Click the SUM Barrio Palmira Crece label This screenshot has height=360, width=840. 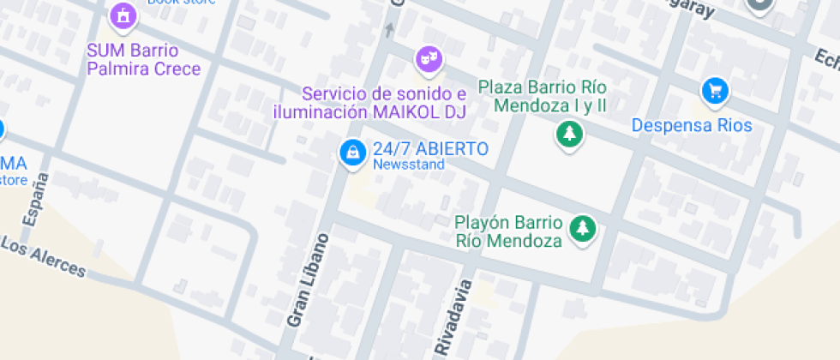pyautogui.click(x=144, y=59)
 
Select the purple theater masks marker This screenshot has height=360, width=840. pyautogui.click(x=428, y=59)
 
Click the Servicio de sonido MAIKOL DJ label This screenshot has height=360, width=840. pyautogui.click(x=370, y=102)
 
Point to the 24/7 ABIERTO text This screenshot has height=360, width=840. pyautogui.click(x=430, y=148)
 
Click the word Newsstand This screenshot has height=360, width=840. pyautogui.click(x=409, y=164)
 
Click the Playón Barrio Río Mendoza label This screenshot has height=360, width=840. pyautogui.click(x=509, y=231)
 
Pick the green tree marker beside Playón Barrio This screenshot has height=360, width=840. pyautogui.click(x=584, y=228)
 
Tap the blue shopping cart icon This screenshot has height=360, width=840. pyautogui.click(x=714, y=89)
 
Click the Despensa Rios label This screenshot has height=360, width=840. pyautogui.click(x=692, y=126)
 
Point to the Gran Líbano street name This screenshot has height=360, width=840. pyautogui.click(x=308, y=279)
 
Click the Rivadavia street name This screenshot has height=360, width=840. pyautogui.click(x=453, y=315)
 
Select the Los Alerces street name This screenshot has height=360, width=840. pyautogui.click(x=44, y=256)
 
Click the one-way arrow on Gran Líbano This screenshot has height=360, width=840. pyautogui.click(x=390, y=30)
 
